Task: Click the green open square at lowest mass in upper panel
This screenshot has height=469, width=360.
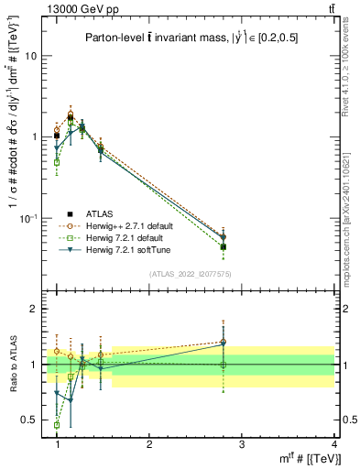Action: tap(57, 162)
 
